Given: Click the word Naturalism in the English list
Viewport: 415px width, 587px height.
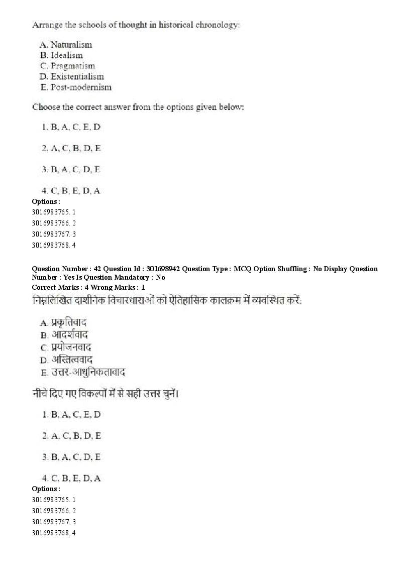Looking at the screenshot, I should click(71, 45).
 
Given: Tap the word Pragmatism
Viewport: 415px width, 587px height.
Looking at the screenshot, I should click(72, 66).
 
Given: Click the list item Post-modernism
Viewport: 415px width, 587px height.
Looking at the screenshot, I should click(81, 87).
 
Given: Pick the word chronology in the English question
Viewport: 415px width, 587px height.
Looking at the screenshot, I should click(216, 25).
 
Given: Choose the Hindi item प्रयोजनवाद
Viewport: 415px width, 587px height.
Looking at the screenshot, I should click(71, 347).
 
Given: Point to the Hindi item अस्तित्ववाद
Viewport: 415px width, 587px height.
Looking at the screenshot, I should click(72, 360).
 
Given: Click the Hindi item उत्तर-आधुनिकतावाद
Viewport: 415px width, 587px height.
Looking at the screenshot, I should click(88, 372).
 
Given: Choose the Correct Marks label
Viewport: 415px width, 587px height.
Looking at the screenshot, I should click(53, 287).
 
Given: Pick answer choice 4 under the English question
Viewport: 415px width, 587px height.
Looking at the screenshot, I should click(71, 191).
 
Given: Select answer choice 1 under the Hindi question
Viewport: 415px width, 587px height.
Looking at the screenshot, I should click(71, 415).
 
